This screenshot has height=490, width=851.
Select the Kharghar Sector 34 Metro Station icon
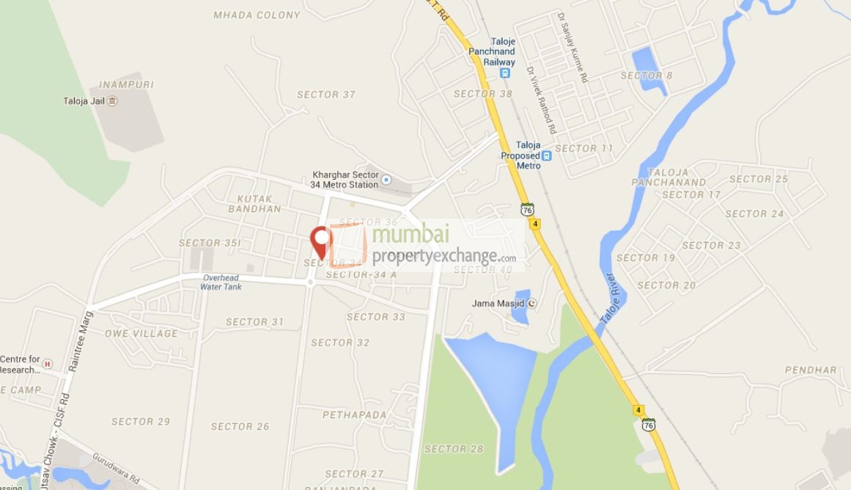pyautogui.click(x=387, y=180)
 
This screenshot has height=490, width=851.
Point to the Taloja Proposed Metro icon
pyautogui.click(x=546, y=156)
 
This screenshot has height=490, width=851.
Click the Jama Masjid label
pyautogui.click(x=498, y=302)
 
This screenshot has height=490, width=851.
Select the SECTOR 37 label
pyautogui.click(x=326, y=95)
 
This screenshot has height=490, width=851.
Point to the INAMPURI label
pyautogui.click(x=126, y=84)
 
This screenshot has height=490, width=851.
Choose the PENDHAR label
pyautogui.click(x=811, y=370)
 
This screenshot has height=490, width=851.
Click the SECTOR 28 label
pyautogui.click(x=454, y=449)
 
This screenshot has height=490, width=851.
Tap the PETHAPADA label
pyautogui.click(x=354, y=415)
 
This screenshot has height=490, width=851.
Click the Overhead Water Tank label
pyautogui.click(x=221, y=282)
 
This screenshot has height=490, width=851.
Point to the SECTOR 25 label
pyautogui.click(x=758, y=179)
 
